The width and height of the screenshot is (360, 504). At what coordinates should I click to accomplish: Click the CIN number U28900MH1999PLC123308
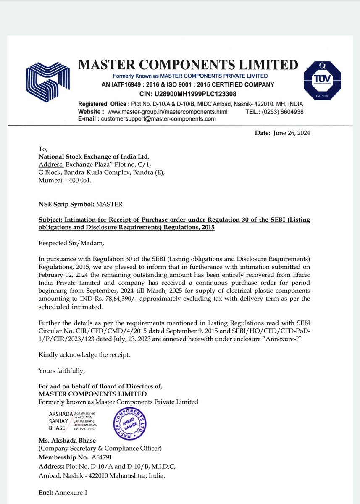tap(188, 94)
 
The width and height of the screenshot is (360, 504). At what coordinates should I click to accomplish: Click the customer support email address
tap(158, 119)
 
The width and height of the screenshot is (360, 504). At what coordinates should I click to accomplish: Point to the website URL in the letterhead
tap(167, 112)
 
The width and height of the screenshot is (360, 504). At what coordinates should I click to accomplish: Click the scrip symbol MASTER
tap(109, 205)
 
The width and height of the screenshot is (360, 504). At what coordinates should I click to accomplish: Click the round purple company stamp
tap(129, 425)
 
